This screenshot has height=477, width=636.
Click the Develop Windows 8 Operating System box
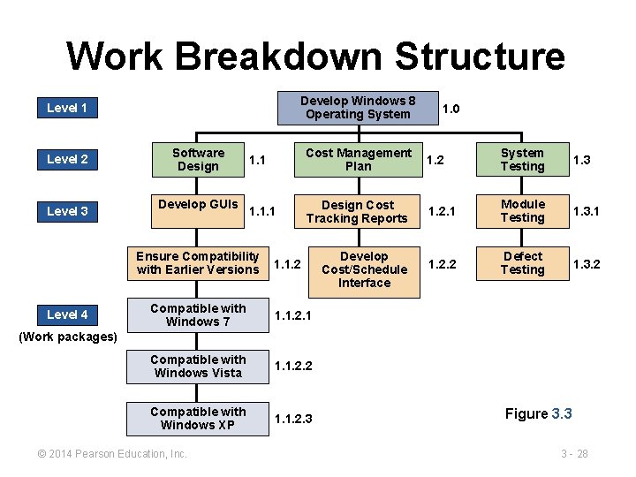pyautogui.click(x=358, y=108)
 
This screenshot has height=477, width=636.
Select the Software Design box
pyautogui.click(x=198, y=160)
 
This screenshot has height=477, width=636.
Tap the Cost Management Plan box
pyautogui.click(x=358, y=160)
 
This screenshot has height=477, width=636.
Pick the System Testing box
pyautogui.click(x=522, y=160)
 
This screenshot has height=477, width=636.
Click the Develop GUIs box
pyautogui.click(x=198, y=210)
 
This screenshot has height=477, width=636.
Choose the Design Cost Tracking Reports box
pyautogui.click(x=358, y=211)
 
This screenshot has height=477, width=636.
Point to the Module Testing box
pyautogui.click(x=522, y=211)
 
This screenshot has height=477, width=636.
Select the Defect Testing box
pyautogui.click(x=522, y=263)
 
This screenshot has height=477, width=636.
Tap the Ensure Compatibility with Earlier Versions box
pyautogui.click(x=198, y=263)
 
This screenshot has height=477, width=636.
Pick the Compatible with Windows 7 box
pyautogui.click(x=198, y=315)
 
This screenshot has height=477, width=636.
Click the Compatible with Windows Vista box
pyautogui.click(x=198, y=367)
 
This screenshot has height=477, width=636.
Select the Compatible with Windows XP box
pyautogui.click(x=198, y=419)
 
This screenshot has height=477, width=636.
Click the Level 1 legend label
pyautogui.click(x=67, y=108)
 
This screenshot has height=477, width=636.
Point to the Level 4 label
pyautogui.click(x=67, y=314)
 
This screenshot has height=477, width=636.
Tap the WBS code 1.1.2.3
pyautogui.click(x=293, y=419)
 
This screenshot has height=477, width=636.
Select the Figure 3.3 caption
pyautogui.click(x=538, y=413)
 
